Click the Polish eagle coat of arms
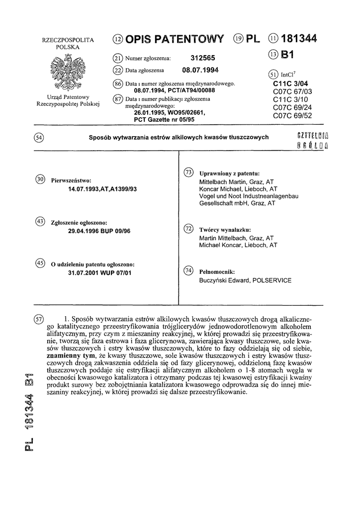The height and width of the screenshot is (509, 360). pyautogui.click(x=69, y=72)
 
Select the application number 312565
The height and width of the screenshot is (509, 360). pyautogui.click(x=203, y=58)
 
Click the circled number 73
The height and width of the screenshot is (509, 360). pyautogui.click(x=188, y=173)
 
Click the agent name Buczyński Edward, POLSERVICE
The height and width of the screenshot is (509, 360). pyautogui.click(x=245, y=280)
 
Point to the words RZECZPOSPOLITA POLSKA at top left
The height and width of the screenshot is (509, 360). pyautogui.click(x=68, y=43)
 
